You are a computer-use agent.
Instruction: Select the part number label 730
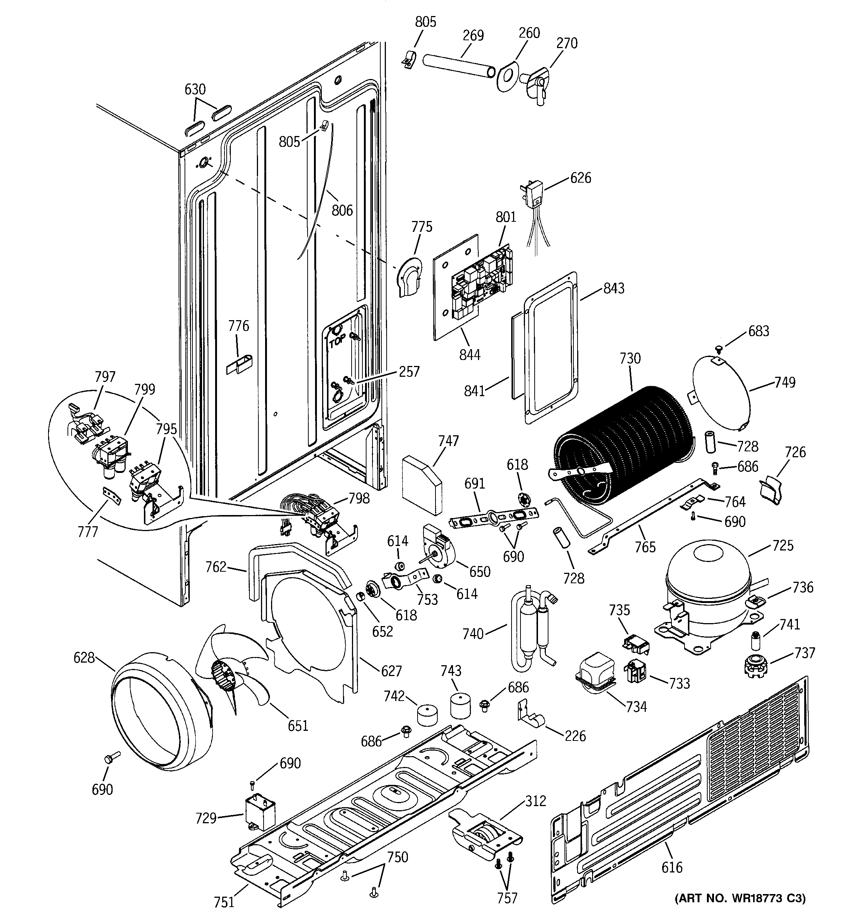tap(630, 359)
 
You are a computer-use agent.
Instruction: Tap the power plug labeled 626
tap(533, 197)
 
